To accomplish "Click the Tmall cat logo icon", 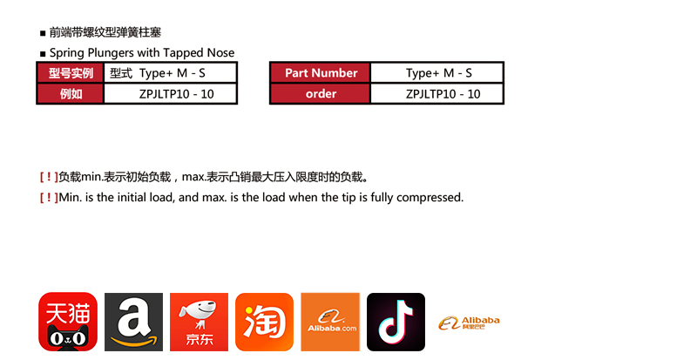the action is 68,322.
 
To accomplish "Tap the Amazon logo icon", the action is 134,322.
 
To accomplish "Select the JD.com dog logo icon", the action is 200,322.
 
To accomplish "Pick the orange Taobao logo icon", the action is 265,322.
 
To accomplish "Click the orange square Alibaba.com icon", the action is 330,322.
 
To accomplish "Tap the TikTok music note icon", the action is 396,322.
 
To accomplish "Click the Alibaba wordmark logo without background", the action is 469,323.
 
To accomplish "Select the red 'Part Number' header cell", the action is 321,73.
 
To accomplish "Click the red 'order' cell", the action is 321,94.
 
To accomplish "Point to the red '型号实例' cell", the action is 71,73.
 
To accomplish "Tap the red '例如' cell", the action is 71,94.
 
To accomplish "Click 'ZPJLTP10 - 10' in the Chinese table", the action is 177,94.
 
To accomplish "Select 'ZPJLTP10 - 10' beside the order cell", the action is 443,94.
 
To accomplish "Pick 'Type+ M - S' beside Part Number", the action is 439,73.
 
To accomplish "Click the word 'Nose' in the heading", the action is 220,53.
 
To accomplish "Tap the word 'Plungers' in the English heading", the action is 111,53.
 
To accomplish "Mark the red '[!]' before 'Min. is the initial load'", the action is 49,197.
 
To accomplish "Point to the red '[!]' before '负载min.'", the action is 49,177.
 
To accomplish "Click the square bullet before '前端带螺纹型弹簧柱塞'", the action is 43,33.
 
